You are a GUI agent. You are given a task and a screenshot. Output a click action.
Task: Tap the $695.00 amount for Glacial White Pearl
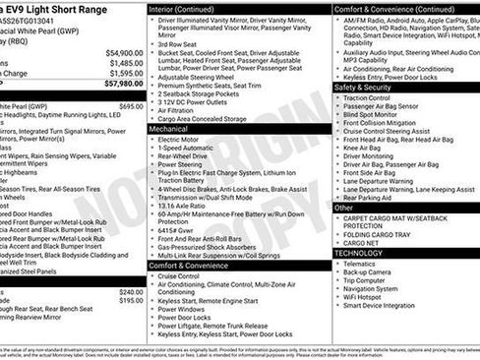pos(131,105)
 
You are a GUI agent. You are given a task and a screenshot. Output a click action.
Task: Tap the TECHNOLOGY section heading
pos(358,253)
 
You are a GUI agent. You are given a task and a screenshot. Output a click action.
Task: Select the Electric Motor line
pos(183,140)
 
